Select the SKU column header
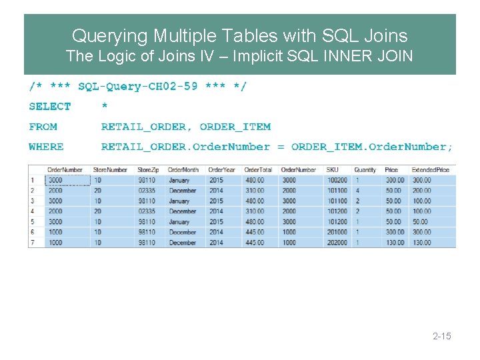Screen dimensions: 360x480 click(332, 169)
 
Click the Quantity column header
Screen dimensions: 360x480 click(365, 169)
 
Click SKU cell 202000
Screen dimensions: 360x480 click(337, 243)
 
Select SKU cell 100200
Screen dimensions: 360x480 click(337, 180)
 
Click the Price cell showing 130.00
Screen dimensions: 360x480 click(394, 243)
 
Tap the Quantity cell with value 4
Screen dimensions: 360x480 click(358, 191)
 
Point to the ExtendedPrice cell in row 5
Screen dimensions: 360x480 click(421, 222)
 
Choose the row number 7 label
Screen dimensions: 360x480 click(31, 243)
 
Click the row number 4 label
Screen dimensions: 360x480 click(31, 211)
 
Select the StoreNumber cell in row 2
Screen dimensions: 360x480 click(97, 191)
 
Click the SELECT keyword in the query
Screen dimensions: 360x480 click(50, 107)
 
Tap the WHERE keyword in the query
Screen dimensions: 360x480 click(47, 147)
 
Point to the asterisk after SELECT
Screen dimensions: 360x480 click(105, 107)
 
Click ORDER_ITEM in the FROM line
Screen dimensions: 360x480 click(235, 127)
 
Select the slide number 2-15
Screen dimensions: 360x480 click(441, 336)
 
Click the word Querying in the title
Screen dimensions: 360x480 click(110, 35)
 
